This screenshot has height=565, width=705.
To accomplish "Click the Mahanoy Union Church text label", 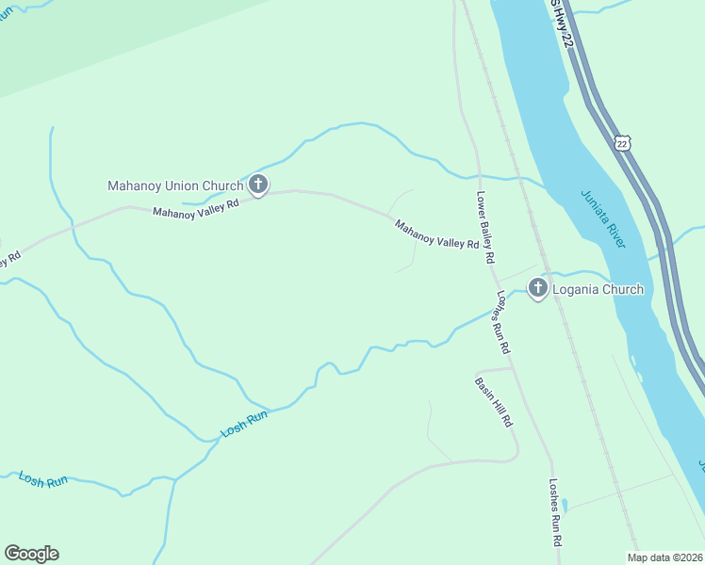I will pyautogui.click(x=175, y=186).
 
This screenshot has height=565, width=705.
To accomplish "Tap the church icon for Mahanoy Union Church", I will pyautogui.click(x=258, y=185).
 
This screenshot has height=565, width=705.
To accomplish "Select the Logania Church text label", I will pyautogui.click(x=598, y=289).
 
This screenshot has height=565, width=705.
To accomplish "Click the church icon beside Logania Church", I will pyautogui.click(x=538, y=288).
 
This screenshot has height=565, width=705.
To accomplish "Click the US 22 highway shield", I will pyautogui.click(x=620, y=142).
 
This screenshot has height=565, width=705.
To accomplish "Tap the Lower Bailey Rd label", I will pyautogui.click(x=485, y=229).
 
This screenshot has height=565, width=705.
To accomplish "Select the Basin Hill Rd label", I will pyautogui.click(x=493, y=403).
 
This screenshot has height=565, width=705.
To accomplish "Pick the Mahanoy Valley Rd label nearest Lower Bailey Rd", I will pyautogui.click(x=436, y=234).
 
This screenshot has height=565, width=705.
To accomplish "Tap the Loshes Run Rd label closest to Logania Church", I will pyautogui.click(x=502, y=321).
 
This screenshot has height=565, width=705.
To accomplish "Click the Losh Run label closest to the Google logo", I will pyautogui.click(x=44, y=480).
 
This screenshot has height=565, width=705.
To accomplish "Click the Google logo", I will pyautogui.click(x=31, y=554).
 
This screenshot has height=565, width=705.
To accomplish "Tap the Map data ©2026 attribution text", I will pyautogui.click(x=664, y=557).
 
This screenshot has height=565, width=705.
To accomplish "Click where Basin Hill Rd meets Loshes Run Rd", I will pyautogui.click(x=515, y=368).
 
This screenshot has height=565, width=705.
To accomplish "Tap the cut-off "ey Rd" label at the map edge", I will pyautogui.click(x=8, y=259).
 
